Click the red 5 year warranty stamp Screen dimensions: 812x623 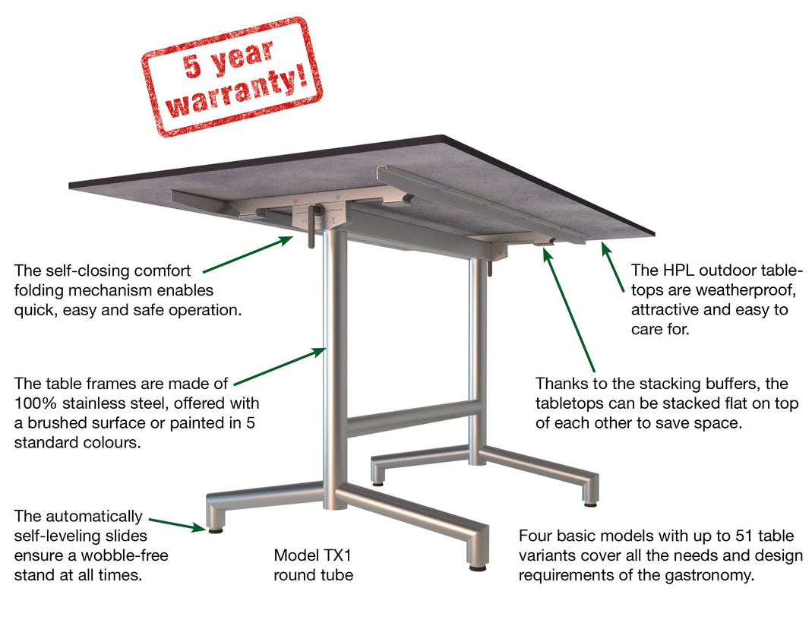(x=232, y=76)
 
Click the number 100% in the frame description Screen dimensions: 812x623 (x=35, y=403)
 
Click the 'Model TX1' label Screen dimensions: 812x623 (x=313, y=555)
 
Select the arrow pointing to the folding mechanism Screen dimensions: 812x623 (x=248, y=255)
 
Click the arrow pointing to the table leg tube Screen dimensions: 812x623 (x=280, y=367)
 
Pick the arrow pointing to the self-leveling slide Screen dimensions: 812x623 (x=178, y=523)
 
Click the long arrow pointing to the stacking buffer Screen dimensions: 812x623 (x=569, y=310)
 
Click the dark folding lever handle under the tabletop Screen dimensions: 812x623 (x=312, y=227)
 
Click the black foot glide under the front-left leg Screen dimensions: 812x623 (x=216, y=530)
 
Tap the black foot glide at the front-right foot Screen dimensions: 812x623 (x=478, y=568)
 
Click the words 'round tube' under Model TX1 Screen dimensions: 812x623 (x=313, y=575)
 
